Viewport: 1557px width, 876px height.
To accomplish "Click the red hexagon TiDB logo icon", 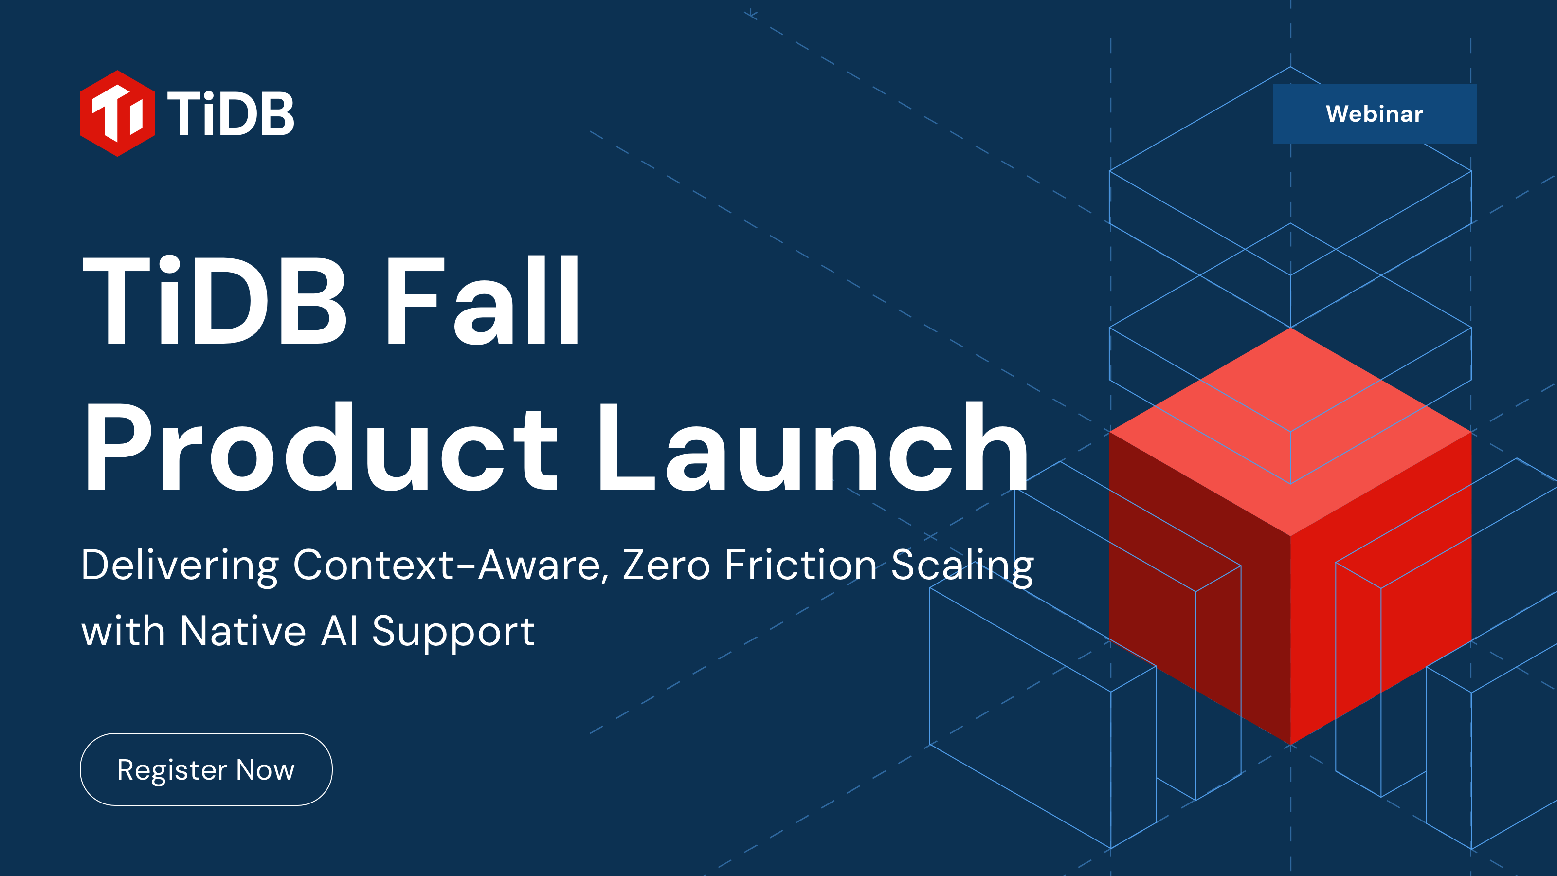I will click(x=117, y=114).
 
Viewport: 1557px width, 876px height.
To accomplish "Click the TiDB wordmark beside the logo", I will click(x=230, y=114).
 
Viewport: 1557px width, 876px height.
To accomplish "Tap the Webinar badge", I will click(x=1374, y=114).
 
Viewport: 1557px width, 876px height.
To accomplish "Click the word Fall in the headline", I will click(x=482, y=300).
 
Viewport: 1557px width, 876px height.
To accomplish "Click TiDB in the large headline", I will click(x=215, y=300).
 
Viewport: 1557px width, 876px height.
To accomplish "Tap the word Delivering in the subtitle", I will click(x=180, y=565).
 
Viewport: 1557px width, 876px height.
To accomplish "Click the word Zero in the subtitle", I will click(x=666, y=565).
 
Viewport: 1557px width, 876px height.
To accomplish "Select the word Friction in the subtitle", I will click(x=801, y=565).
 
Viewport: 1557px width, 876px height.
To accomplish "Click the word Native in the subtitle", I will click(x=243, y=631).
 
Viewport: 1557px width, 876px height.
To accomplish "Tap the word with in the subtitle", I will click(x=123, y=631).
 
